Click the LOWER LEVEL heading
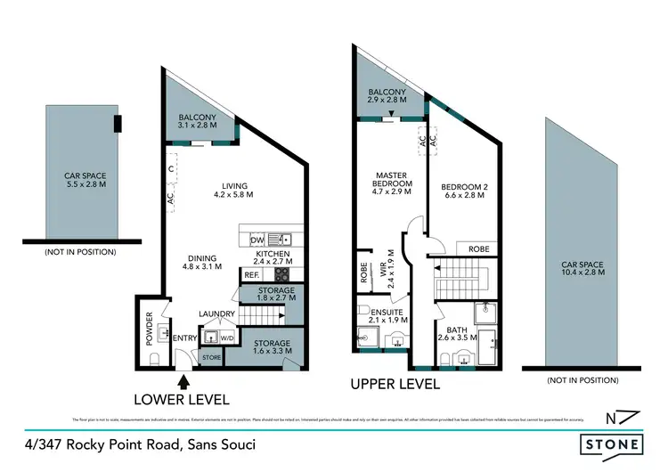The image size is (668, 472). [182, 399]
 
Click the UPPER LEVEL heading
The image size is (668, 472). [395, 385]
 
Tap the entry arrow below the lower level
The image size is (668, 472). [183, 382]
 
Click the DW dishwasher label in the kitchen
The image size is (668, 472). [257, 239]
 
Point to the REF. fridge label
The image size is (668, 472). [251, 276]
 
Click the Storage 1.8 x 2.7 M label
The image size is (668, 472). [271, 296]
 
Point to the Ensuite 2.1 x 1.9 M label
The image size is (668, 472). [387, 318]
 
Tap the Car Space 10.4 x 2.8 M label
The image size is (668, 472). [583, 269]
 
